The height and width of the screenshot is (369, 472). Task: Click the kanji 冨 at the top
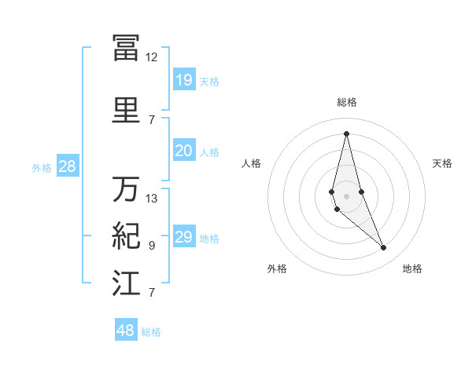click(126, 47)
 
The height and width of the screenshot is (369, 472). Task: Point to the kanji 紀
click(126, 236)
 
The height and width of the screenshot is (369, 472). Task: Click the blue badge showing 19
click(183, 79)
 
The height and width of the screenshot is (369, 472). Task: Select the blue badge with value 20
click(183, 151)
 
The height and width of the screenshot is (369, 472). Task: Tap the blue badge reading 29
click(183, 237)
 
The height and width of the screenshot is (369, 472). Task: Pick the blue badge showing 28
click(67, 166)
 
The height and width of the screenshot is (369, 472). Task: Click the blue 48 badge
click(126, 331)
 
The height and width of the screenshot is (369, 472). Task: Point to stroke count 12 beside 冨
click(151, 57)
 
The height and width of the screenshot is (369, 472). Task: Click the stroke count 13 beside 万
click(152, 199)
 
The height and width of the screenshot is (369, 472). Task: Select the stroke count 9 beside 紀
click(152, 246)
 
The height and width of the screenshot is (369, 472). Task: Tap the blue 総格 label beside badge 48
click(151, 332)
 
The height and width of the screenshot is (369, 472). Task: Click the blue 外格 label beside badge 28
click(42, 167)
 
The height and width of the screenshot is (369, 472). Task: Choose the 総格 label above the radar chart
click(346, 102)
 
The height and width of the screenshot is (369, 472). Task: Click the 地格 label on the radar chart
click(412, 269)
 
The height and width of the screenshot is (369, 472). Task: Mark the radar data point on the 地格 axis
click(384, 248)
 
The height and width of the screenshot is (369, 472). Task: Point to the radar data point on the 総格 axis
click(346, 133)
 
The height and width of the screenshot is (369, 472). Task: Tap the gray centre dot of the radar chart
click(346, 194)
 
